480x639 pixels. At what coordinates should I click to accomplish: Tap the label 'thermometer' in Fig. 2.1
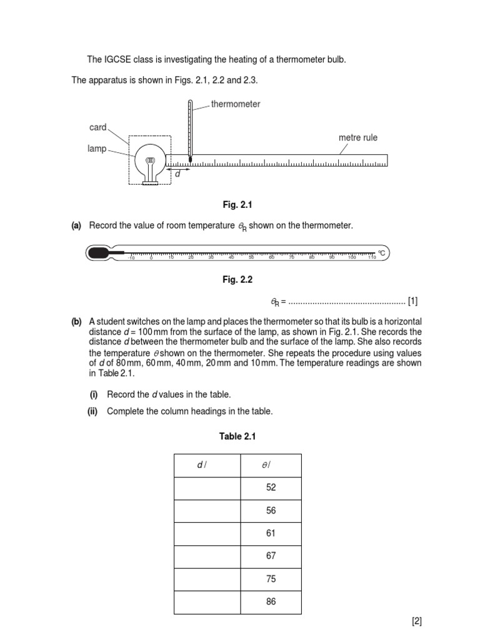pyautogui.click(x=236, y=104)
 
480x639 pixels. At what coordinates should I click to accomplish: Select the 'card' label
pyautogui.click(x=98, y=127)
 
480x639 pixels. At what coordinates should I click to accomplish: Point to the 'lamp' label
pyautogui.click(x=97, y=149)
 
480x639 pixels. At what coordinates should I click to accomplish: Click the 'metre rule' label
pyautogui.click(x=358, y=137)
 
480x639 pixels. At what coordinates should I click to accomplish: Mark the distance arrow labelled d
pyautogui.click(x=177, y=168)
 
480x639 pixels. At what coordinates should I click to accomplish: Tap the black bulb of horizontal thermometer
pyautogui.click(x=99, y=253)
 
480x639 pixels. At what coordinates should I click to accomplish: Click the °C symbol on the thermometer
pyautogui.click(x=381, y=253)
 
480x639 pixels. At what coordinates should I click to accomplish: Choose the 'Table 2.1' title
pyautogui.click(x=237, y=436)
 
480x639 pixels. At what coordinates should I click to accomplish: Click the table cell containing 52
pyautogui.click(x=271, y=488)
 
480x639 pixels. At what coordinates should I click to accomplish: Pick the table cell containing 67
pyautogui.click(x=271, y=555)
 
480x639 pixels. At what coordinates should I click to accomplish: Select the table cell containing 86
pyautogui.click(x=271, y=602)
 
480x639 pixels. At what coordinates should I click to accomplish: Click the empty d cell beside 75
pyautogui.click(x=207, y=578)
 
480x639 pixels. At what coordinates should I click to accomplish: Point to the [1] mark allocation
pyautogui.click(x=412, y=302)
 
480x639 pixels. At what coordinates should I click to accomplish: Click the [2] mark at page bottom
pyautogui.click(x=417, y=621)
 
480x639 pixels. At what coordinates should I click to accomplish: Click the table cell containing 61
pyautogui.click(x=271, y=533)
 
